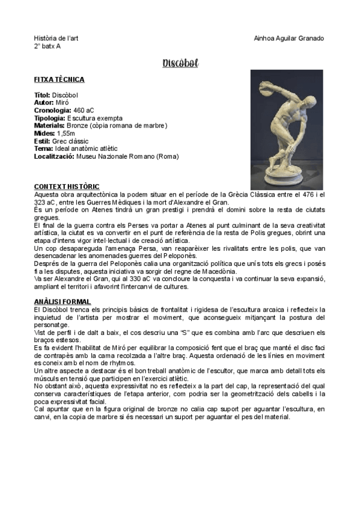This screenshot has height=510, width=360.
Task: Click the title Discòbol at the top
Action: pos(180,63)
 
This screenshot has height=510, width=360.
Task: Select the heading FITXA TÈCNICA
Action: pos(59,79)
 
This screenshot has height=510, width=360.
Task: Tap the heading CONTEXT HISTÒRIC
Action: pos(67,186)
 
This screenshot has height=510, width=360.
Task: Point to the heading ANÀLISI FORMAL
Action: pos(63,301)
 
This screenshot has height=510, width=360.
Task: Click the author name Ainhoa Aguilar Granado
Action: pos(289,38)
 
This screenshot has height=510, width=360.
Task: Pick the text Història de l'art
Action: pos(56,38)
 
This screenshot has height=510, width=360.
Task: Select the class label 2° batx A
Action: pos(47,46)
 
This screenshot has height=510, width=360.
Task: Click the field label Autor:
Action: pos(44,103)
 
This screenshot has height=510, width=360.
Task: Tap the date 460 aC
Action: pos(84,111)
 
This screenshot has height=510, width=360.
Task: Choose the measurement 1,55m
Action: pos(66,134)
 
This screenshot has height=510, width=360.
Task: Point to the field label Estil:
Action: pos(42,141)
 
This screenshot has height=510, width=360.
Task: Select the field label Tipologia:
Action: pos(50,118)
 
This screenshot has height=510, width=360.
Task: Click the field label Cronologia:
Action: pos(53,111)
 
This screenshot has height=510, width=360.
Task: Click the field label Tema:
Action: pos(44,149)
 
